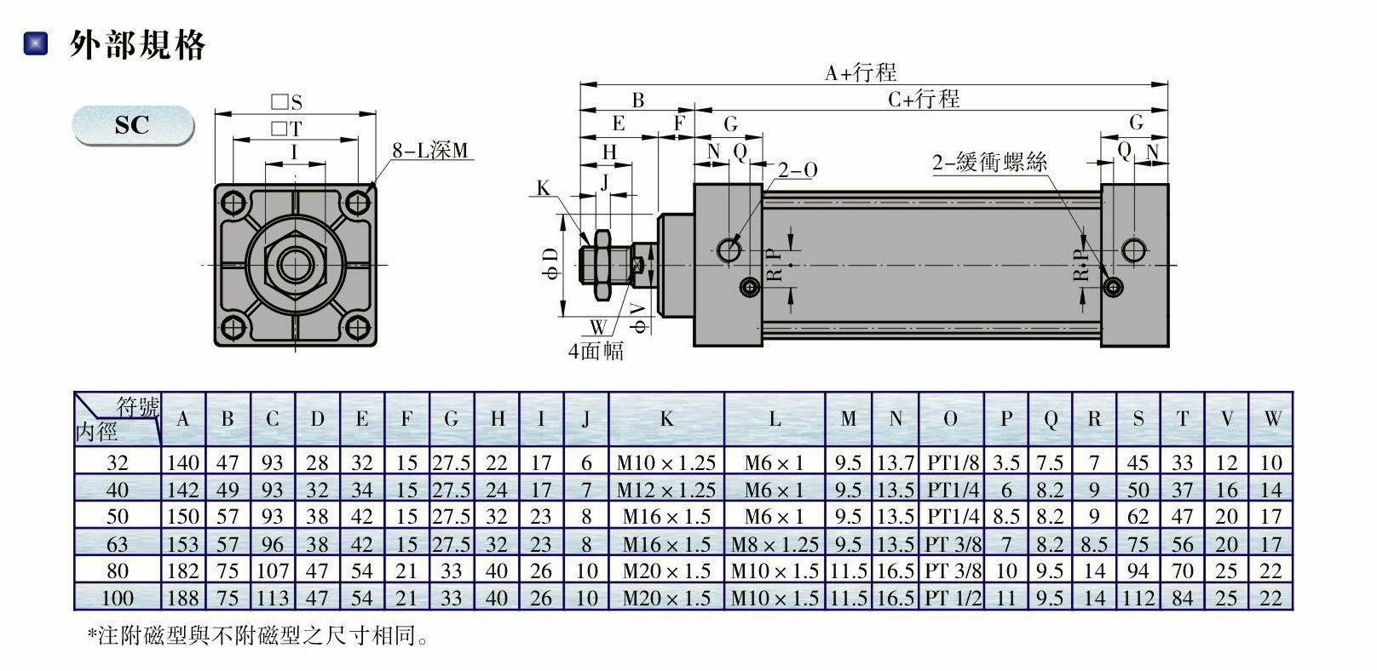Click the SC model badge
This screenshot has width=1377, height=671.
tap(133, 125)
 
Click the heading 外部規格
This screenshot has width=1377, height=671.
tap(137, 44)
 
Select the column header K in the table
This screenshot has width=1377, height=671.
tap(666, 419)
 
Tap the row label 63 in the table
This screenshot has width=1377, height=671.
tap(118, 543)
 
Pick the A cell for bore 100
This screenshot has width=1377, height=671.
tap(182, 598)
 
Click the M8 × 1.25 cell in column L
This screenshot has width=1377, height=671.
tap(775, 543)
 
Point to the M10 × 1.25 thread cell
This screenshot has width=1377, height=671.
tap(666, 463)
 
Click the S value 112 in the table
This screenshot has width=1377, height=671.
tap(1138, 598)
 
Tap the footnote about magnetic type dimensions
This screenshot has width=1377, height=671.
tap(257, 635)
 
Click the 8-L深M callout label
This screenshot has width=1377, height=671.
tap(430, 151)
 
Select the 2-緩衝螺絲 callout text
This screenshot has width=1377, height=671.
tap(988, 162)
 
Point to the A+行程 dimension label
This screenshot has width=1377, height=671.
tap(861, 72)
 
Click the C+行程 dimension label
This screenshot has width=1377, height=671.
tap(924, 100)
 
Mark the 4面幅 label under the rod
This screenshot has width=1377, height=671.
tap(596, 351)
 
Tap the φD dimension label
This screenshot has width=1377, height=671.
tap(550, 265)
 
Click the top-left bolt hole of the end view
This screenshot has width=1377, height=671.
tap(233, 203)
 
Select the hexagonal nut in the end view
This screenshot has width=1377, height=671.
tap(295, 265)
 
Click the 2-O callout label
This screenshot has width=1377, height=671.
tap(797, 170)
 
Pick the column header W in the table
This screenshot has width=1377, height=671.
tap(1271, 419)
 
